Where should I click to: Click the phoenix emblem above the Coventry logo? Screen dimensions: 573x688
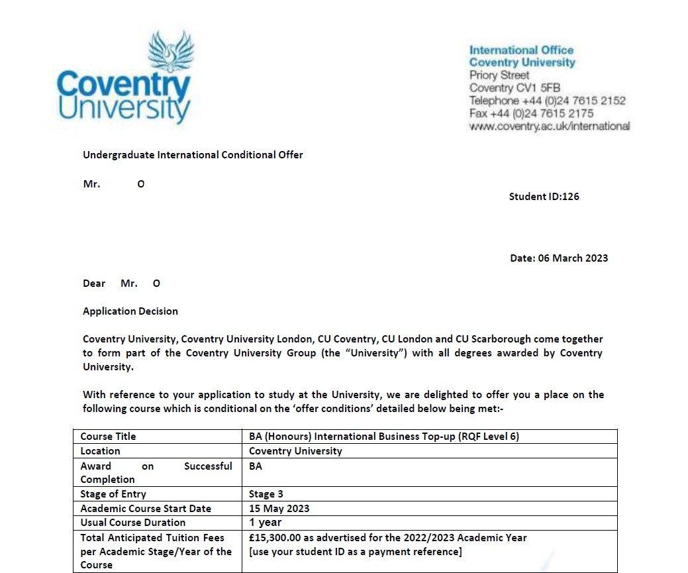pos(170,52)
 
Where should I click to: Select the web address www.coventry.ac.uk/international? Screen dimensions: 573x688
pos(550,126)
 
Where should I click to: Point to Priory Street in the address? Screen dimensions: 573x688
pos(499,75)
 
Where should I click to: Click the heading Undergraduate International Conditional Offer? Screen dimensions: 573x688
pos(193,155)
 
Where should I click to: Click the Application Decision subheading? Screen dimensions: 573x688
pos(130,311)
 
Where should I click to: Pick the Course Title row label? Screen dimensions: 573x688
pos(108,437)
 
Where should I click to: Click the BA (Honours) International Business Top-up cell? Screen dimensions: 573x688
pos(388,437)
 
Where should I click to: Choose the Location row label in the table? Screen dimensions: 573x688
pos(101,451)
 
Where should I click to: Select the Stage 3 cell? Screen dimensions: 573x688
pos(267,494)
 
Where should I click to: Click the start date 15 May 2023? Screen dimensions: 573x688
pos(279,509)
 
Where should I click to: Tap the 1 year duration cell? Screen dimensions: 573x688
pos(266,523)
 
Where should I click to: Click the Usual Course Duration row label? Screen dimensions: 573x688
pos(133,523)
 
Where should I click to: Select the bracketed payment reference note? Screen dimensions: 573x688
pos(355,552)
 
